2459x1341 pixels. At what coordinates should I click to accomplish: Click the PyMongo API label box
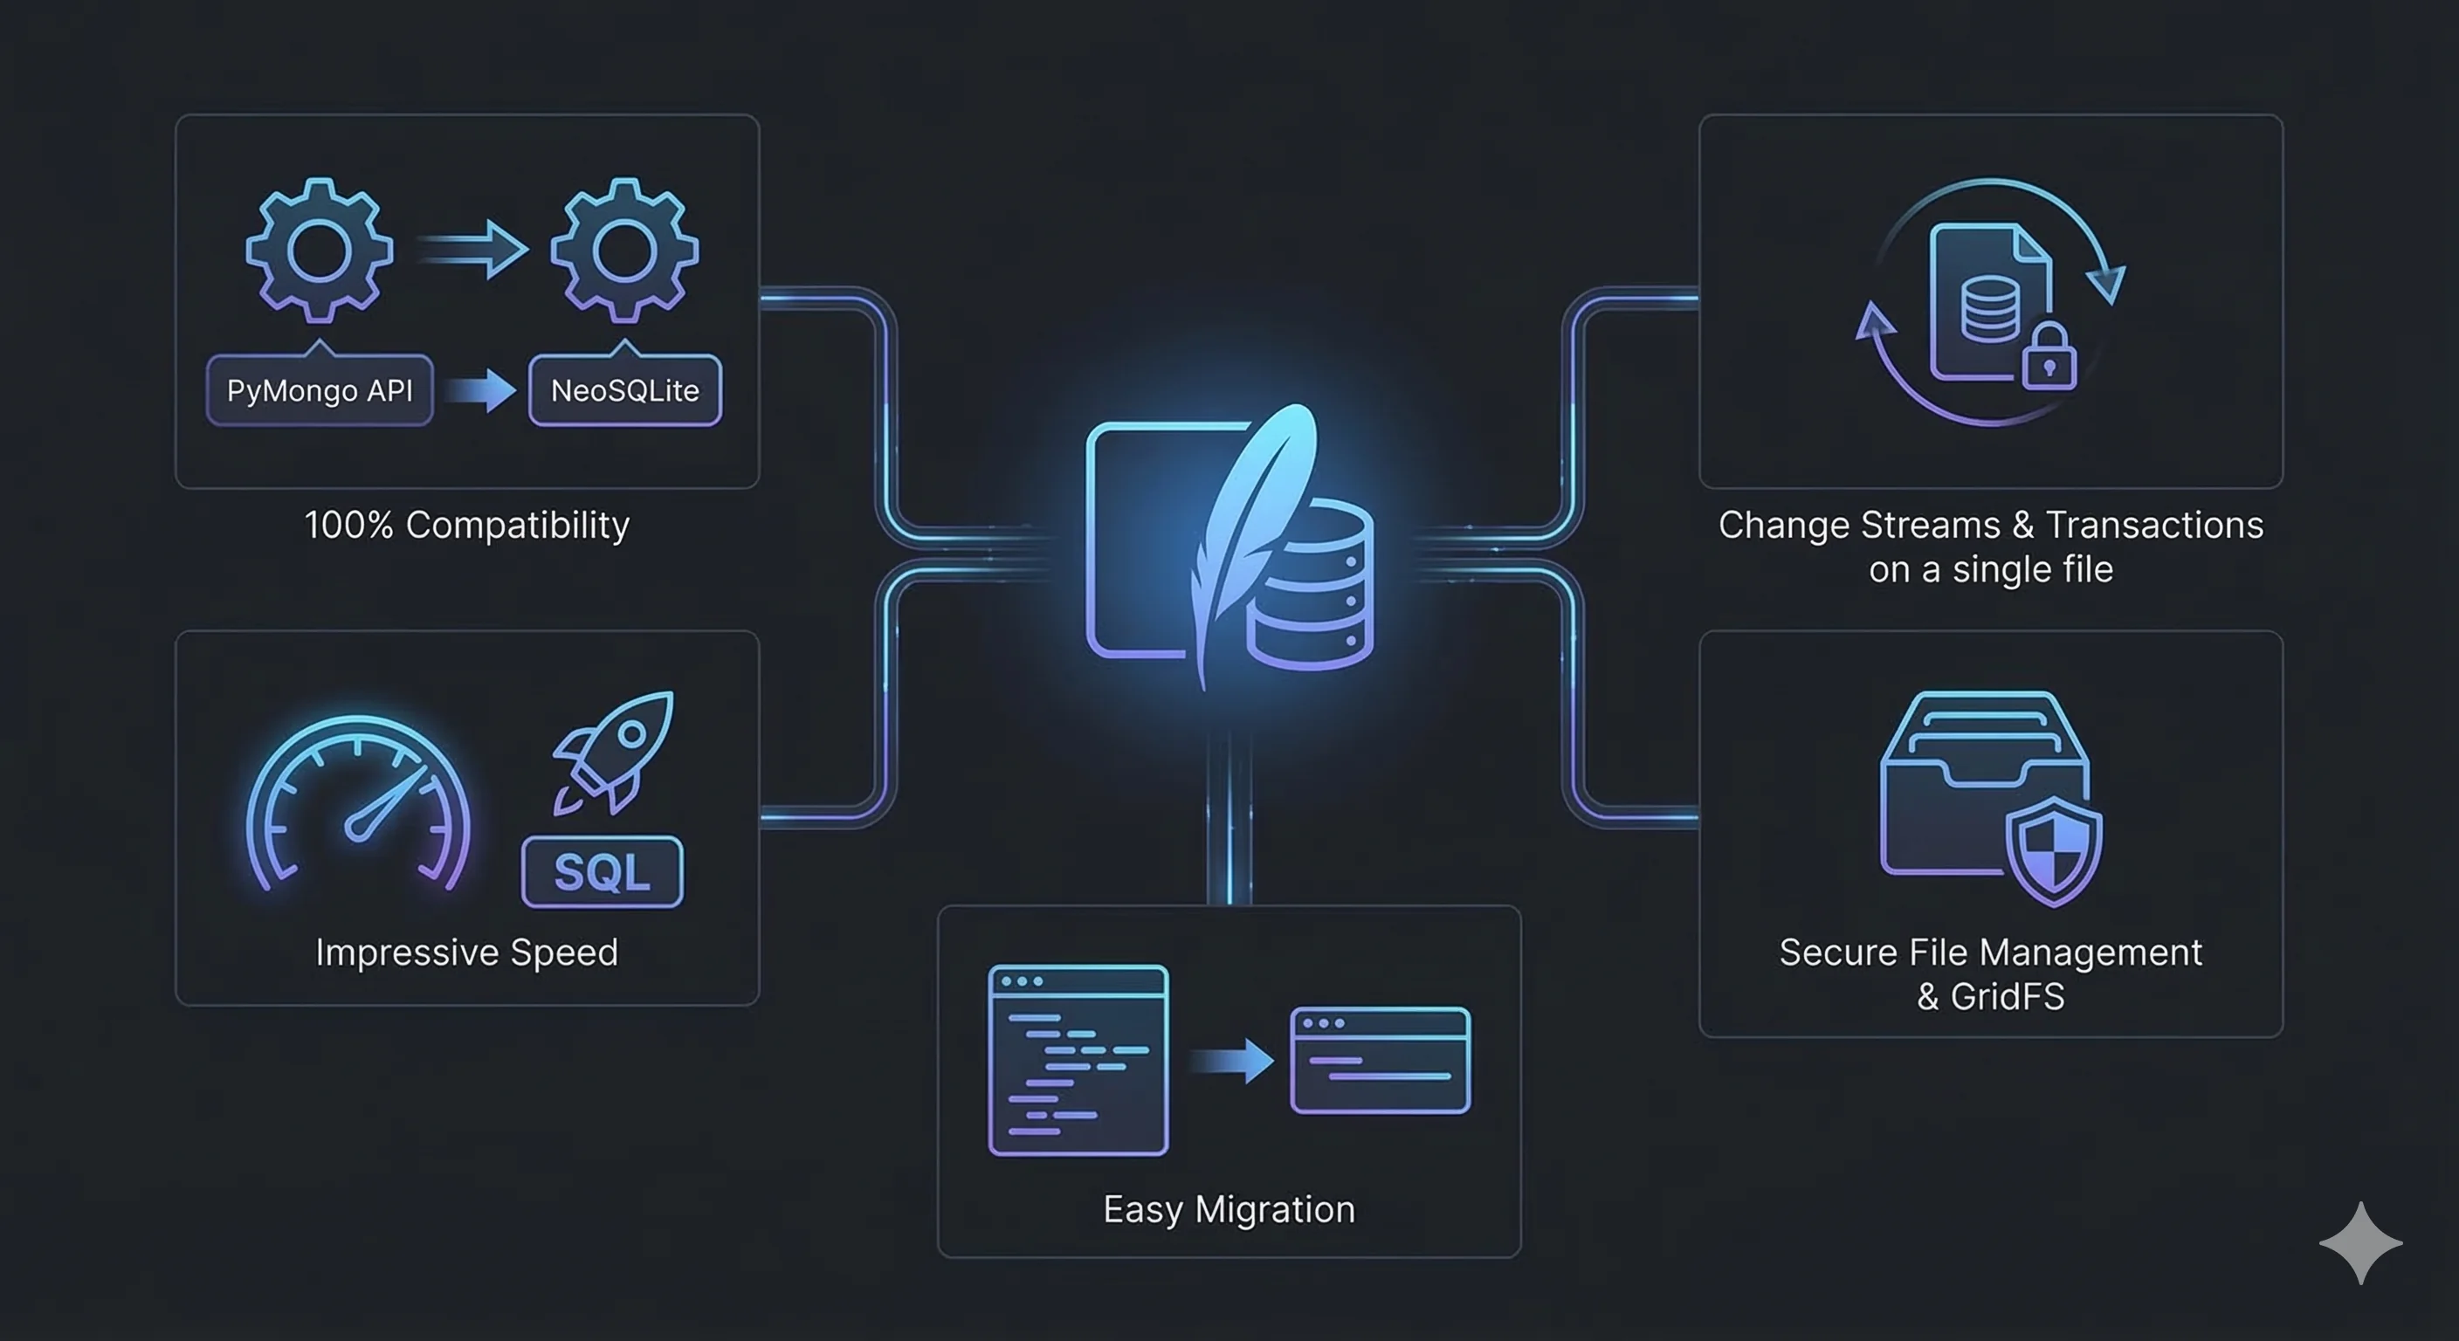tap(319, 390)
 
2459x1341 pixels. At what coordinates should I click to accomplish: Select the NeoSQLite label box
tap(625, 390)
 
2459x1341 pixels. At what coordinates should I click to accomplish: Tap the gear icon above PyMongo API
tap(319, 250)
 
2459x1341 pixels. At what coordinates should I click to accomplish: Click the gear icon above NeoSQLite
tap(624, 250)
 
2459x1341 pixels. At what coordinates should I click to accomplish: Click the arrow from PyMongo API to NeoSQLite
tap(482, 390)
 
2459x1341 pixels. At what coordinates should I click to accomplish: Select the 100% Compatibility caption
tap(467, 525)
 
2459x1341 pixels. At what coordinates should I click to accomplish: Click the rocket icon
tap(616, 751)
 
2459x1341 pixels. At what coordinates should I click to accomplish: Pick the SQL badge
tap(603, 871)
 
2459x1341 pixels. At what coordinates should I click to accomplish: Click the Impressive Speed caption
tap(467, 952)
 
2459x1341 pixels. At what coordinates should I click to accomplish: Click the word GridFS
tap(2007, 997)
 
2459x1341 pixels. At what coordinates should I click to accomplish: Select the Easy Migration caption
tap(1229, 1209)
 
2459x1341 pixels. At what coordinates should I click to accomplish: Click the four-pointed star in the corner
tap(2360, 1242)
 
